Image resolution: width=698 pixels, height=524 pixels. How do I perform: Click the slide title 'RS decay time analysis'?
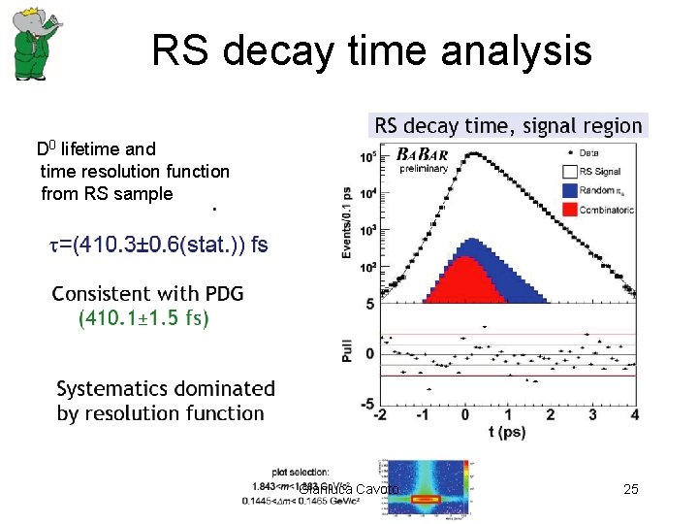coord(371,50)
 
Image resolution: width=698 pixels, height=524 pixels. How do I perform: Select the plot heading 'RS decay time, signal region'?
coord(508,125)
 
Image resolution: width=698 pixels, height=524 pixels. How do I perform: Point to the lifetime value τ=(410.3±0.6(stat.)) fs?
coord(158,245)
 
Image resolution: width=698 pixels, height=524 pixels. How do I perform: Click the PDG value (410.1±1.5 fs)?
coord(143,317)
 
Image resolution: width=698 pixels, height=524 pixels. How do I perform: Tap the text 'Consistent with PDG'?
coord(147,293)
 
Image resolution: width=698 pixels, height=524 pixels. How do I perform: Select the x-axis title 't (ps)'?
coord(506,432)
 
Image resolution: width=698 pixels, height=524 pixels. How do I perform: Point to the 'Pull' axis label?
coord(346,350)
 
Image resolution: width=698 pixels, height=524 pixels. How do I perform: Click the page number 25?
coord(630,490)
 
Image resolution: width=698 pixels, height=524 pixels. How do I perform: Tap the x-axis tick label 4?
coord(634,415)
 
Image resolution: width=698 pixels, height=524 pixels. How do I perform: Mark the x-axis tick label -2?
coord(381,415)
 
